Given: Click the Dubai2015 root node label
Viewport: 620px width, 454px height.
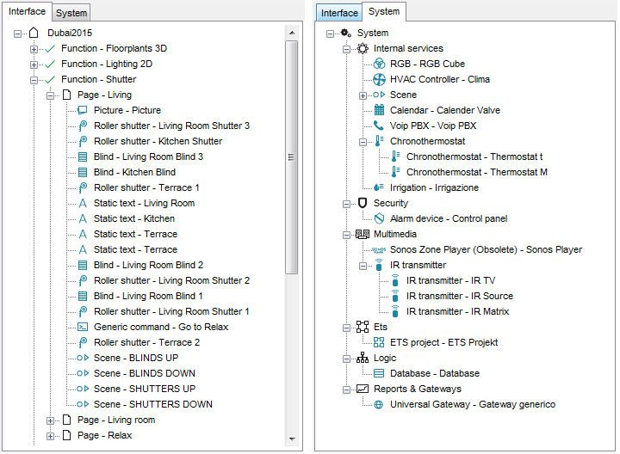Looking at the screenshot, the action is point(70,33).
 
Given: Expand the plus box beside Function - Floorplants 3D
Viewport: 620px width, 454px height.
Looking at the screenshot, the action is point(34,49).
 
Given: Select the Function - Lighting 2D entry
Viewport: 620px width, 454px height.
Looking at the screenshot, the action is point(107,64).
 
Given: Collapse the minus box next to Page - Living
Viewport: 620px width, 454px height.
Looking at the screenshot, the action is point(50,95).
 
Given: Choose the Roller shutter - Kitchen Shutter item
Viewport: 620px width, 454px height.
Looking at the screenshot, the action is point(158,141).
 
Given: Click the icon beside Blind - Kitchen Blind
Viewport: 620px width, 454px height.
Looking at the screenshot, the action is point(83,173).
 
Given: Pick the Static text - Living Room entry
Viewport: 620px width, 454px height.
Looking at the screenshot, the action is point(144,203).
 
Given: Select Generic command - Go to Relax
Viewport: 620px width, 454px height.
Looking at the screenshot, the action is point(161,327).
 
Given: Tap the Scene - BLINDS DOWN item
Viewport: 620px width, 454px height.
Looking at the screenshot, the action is point(145,373).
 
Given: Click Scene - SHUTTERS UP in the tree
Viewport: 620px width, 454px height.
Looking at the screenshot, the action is point(145,389).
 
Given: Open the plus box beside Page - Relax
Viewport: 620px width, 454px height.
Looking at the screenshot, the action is point(50,436).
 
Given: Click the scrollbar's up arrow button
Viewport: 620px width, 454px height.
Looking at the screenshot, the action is point(292,33).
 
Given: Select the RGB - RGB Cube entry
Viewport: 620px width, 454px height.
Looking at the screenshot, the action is point(427,64).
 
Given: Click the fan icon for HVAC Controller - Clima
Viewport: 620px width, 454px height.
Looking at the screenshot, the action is point(379,79).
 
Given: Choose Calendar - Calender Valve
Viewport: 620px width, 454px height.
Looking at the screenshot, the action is point(445,110).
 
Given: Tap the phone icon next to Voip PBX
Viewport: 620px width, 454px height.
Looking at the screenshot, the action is point(379,126).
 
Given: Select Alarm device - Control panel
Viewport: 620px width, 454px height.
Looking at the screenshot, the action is point(449,218).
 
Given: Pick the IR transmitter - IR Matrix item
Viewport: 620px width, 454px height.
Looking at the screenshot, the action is point(457,311).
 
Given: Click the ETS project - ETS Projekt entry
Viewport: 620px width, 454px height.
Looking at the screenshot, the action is point(443,342).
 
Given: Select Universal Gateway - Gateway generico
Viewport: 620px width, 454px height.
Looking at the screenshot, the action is point(473,404).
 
